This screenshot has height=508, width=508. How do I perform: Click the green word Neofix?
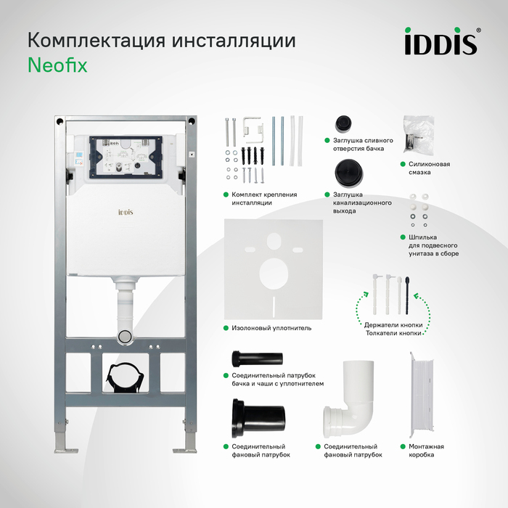point(57,65)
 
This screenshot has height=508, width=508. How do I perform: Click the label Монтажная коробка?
point(422,451)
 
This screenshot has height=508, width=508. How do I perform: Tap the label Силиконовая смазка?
point(425,168)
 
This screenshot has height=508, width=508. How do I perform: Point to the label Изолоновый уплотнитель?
point(271,328)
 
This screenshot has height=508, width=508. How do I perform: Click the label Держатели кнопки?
point(393,324)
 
